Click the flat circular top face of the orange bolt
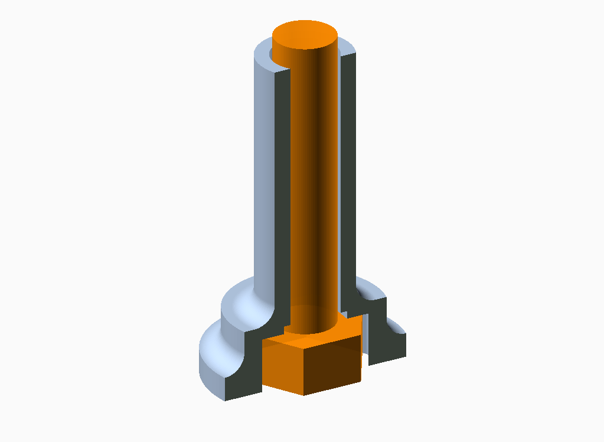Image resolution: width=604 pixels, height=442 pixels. [305, 34]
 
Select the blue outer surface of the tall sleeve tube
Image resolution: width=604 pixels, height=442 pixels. [265, 177]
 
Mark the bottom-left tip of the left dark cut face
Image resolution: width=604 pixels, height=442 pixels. [225, 400]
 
